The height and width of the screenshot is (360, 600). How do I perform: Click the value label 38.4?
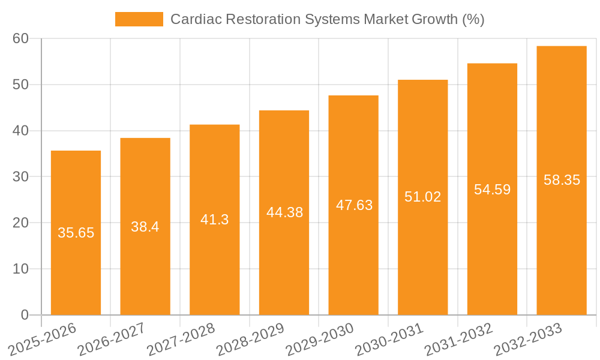(x=145, y=227)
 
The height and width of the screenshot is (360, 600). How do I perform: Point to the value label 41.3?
(x=214, y=220)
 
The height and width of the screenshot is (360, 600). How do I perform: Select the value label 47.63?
(x=354, y=205)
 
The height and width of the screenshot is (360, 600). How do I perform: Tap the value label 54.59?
(x=492, y=190)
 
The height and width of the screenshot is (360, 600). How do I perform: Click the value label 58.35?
(x=562, y=180)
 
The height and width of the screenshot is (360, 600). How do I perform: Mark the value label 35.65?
(x=76, y=233)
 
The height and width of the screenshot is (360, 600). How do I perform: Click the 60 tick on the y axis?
(x=20, y=38)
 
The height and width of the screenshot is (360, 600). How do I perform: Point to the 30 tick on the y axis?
(x=20, y=176)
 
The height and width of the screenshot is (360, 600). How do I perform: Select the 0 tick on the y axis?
(x=25, y=315)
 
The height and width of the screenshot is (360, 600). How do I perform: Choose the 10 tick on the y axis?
(x=20, y=269)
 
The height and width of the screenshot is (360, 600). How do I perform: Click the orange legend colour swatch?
(x=139, y=19)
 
